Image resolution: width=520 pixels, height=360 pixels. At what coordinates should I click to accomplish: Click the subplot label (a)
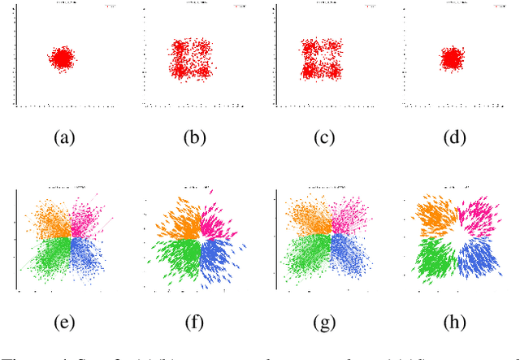click(63, 137)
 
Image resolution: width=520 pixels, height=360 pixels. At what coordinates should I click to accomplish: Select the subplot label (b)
click(194, 137)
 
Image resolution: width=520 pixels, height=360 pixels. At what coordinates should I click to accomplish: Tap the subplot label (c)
click(325, 137)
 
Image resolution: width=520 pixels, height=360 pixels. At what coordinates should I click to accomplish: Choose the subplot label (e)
click(63, 322)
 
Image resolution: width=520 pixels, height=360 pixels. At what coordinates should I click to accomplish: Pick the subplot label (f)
click(194, 322)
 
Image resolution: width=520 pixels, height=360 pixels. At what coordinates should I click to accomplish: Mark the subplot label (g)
click(325, 322)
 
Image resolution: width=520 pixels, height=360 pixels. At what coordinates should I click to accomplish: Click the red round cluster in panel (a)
click(63, 59)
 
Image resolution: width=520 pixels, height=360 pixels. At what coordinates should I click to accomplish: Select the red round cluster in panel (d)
click(453, 58)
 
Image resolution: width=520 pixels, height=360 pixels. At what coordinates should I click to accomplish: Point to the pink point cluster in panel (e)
click(87, 218)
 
